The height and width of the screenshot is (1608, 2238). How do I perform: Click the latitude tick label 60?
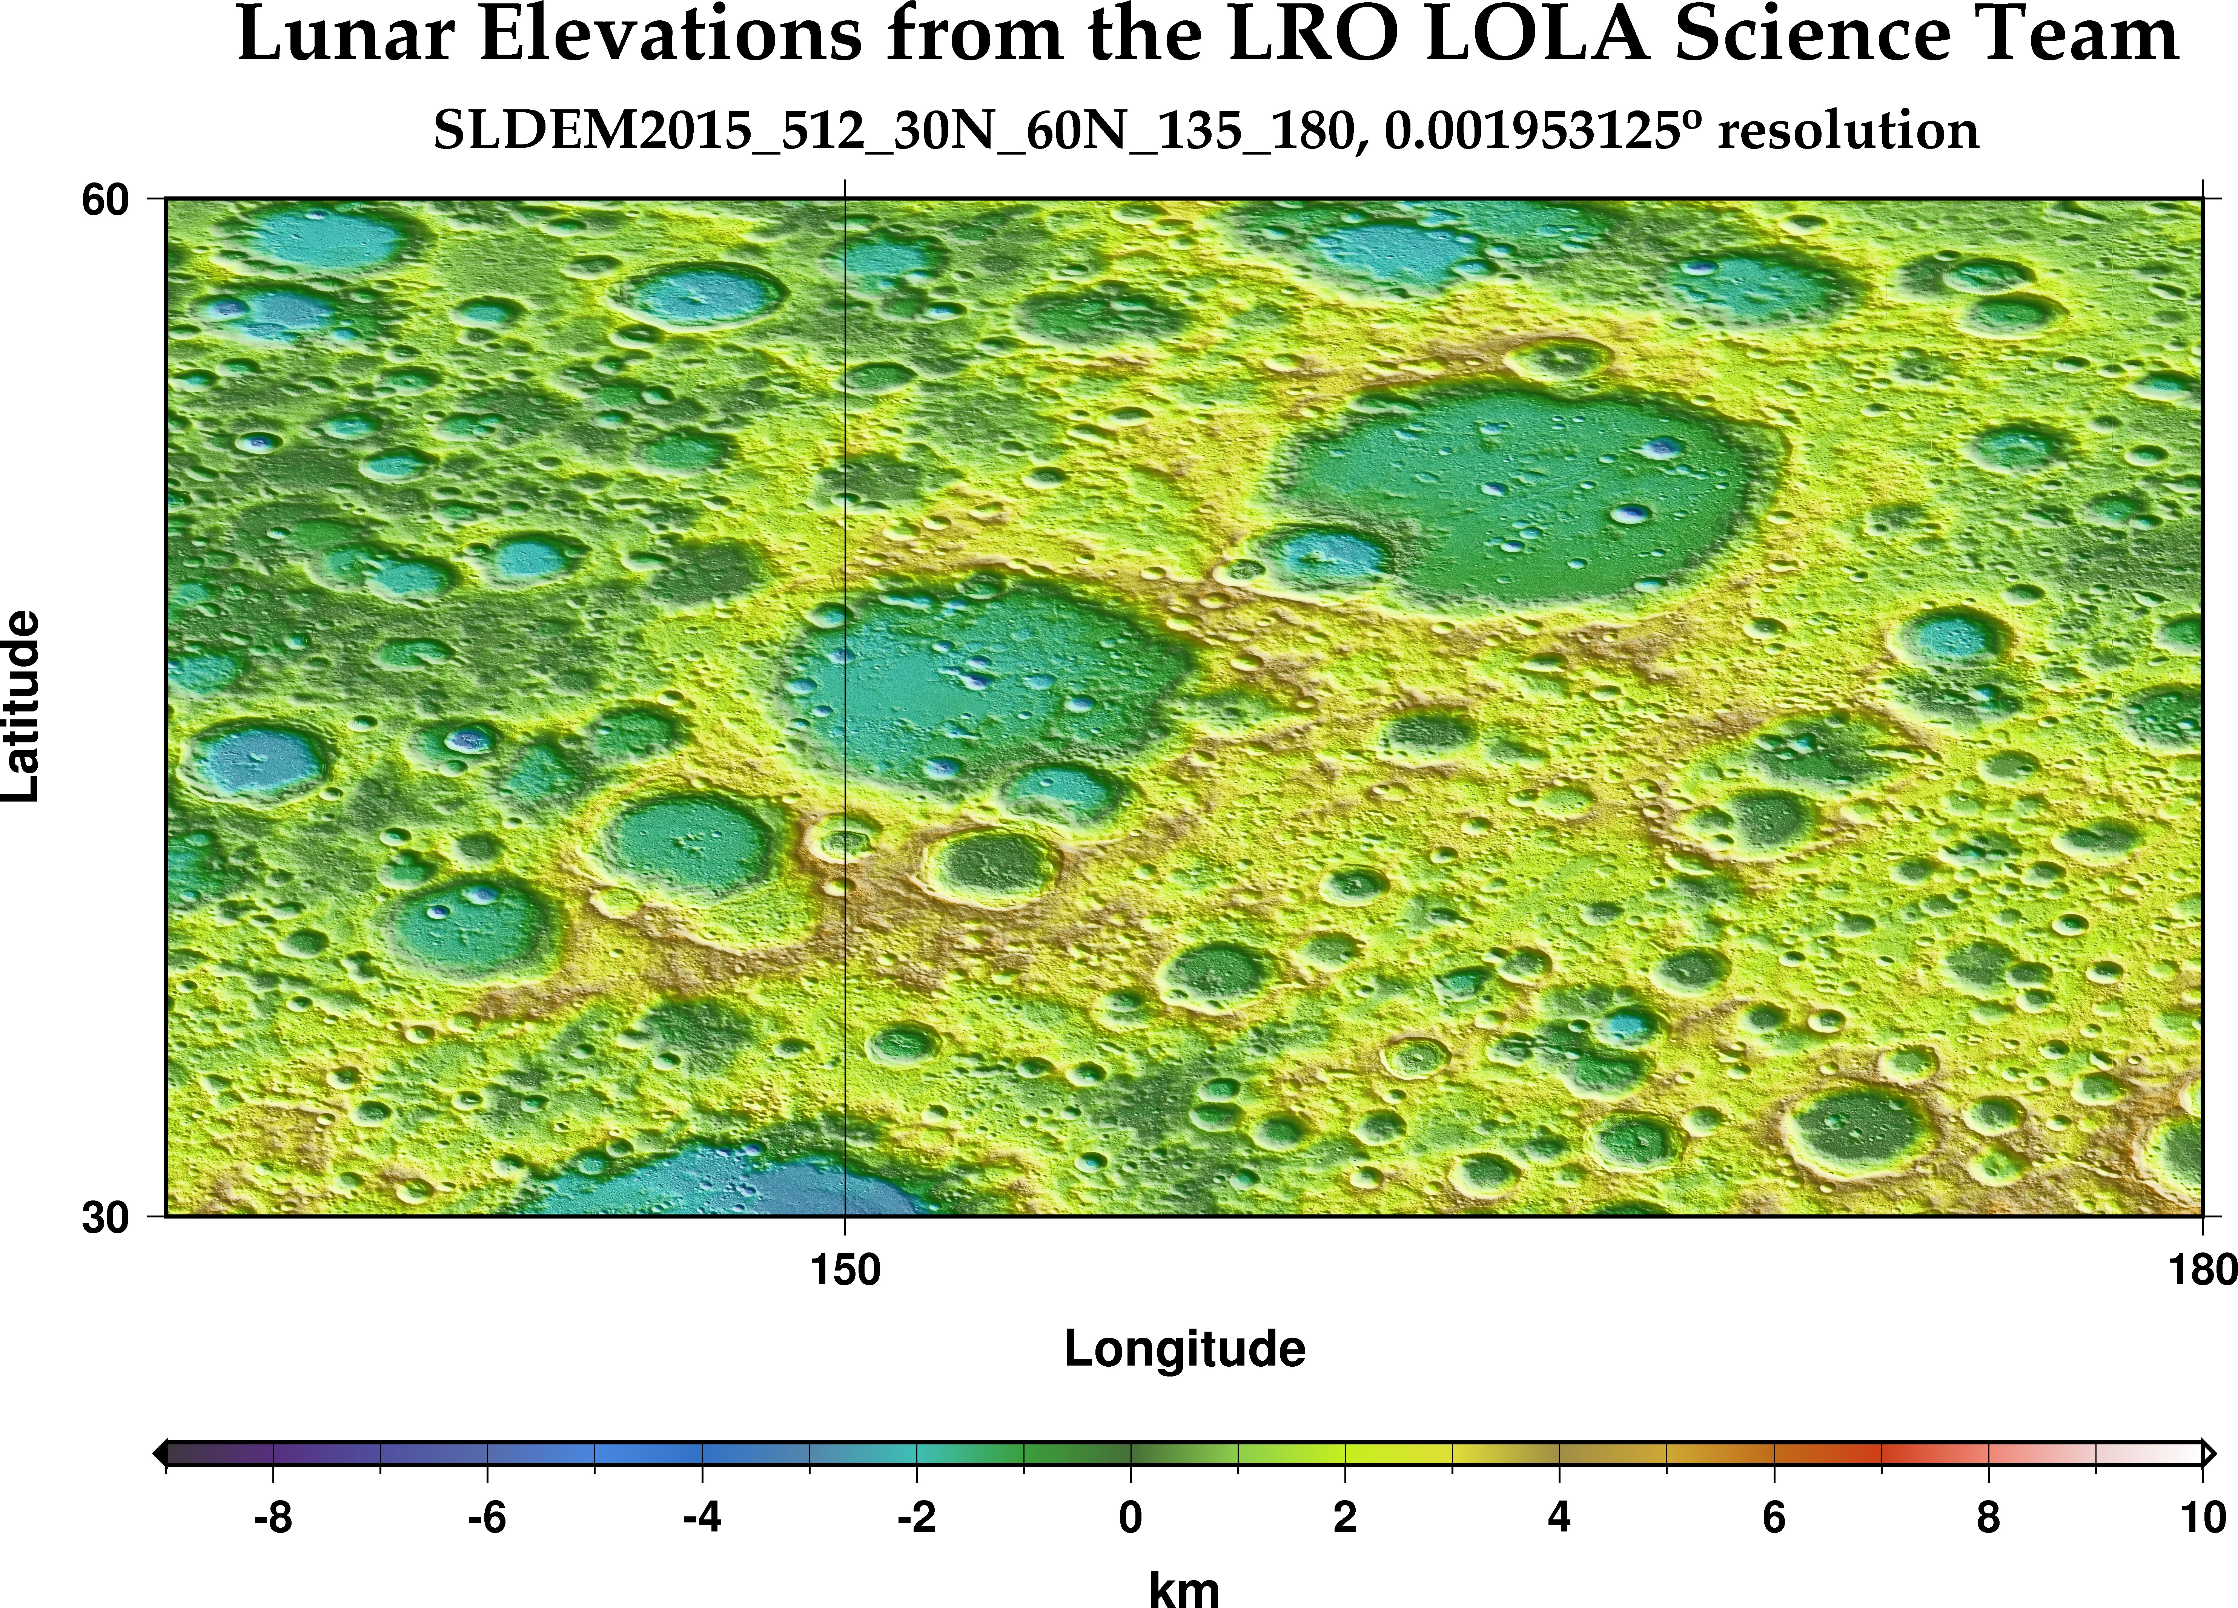(106, 200)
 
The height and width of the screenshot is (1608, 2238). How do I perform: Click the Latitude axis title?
(22, 706)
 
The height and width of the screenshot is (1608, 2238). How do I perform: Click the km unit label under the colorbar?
(1184, 1588)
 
